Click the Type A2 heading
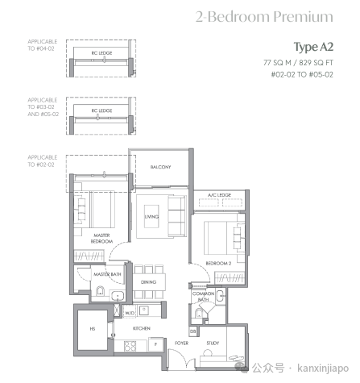coord(313,48)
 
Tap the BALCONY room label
coord(160,167)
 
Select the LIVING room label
coord(151,217)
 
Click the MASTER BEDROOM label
coord(101,238)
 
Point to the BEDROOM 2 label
coord(218,264)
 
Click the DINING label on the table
coord(148,282)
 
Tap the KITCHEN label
coord(142,328)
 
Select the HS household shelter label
coord(93,329)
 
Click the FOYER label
coord(181,343)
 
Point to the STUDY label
coord(213,343)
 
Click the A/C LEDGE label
coord(219,195)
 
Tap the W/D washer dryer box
coord(130,312)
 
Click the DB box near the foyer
coord(193,331)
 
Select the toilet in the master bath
coord(100,291)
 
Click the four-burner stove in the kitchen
coord(130,346)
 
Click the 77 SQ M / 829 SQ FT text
coord(298,63)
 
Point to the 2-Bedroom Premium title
coord(264,17)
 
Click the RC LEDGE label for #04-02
coord(101,53)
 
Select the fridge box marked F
coord(155,344)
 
